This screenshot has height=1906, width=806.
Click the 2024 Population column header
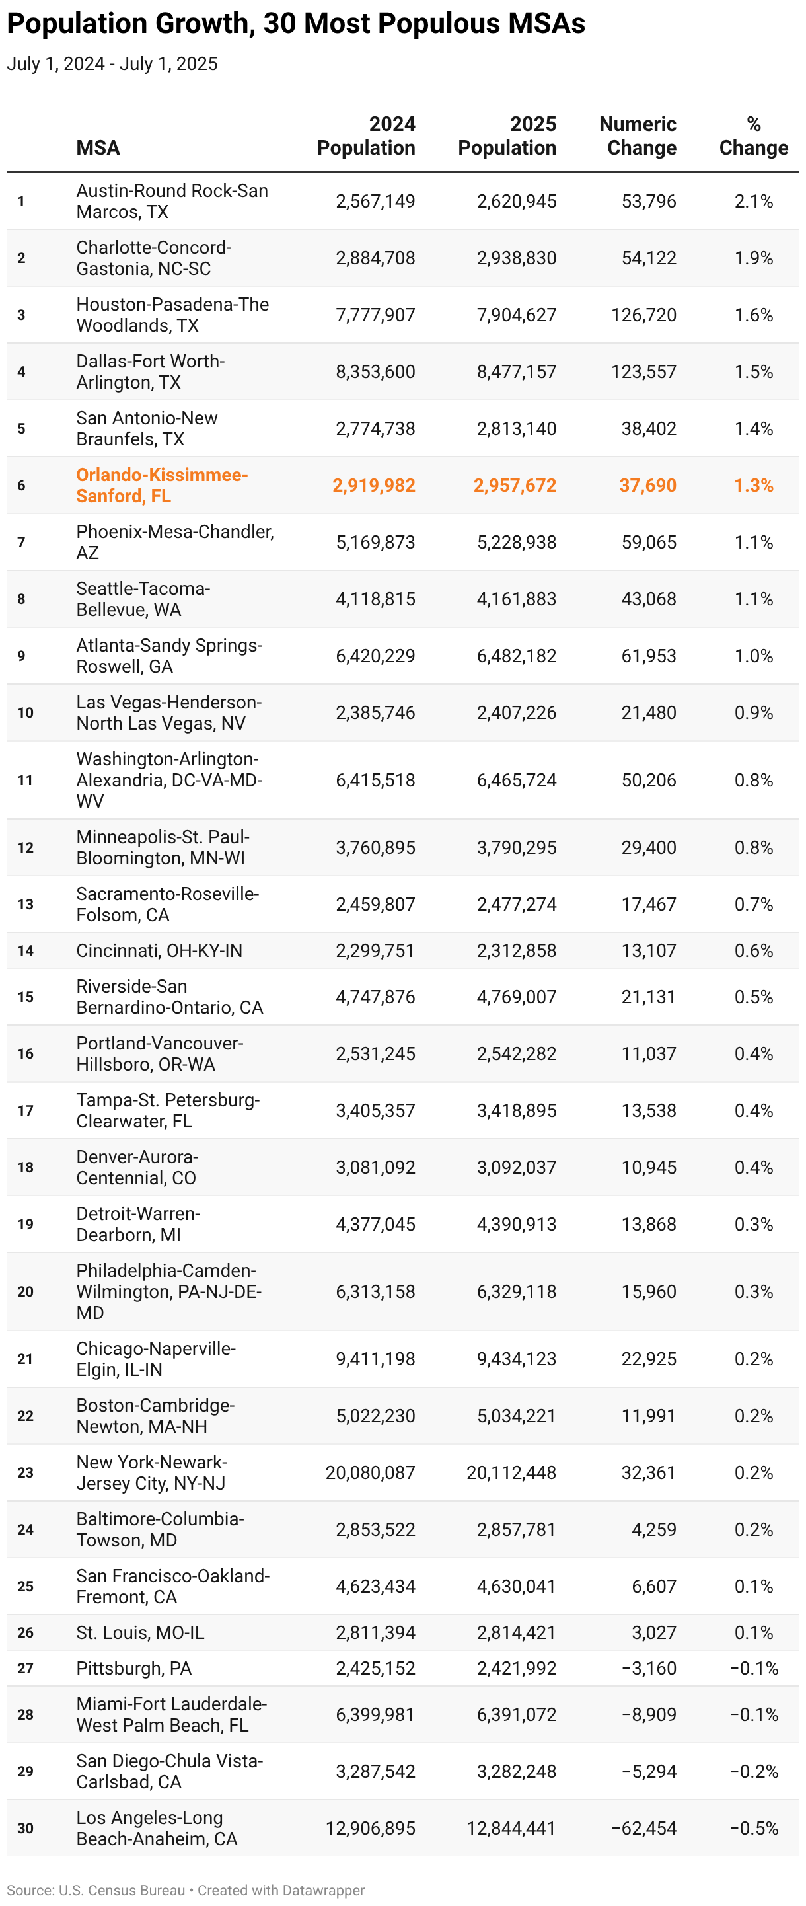pyautogui.click(x=366, y=136)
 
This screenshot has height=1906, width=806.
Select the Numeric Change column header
pyautogui.click(x=638, y=136)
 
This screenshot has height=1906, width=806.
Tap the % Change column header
pyautogui.click(x=754, y=136)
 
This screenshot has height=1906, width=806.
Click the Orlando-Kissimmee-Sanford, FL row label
pyautogui.click(x=162, y=485)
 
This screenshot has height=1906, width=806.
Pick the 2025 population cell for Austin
pyautogui.click(x=516, y=202)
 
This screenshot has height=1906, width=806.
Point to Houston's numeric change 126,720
pyautogui.click(x=643, y=315)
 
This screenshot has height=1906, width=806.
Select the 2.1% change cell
pyautogui.click(x=754, y=202)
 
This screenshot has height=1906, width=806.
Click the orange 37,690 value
pyautogui.click(x=647, y=485)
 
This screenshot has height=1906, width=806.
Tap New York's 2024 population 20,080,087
pyautogui.click(x=371, y=1472)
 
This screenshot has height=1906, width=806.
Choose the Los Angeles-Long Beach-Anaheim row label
pyautogui.click(x=157, y=1828)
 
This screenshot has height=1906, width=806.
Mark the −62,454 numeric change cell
pyautogui.click(x=643, y=1828)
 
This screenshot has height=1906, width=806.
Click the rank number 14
pyautogui.click(x=26, y=951)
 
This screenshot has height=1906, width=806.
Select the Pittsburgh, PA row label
pyautogui.click(x=134, y=1669)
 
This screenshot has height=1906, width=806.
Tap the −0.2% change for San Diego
pyautogui.click(x=754, y=1771)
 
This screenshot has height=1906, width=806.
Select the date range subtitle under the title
pyautogui.click(x=112, y=64)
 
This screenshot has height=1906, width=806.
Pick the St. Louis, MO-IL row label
pyautogui.click(x=141, y=1632)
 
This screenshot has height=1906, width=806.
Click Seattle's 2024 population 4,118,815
pyautogui.click(x=376, y=599)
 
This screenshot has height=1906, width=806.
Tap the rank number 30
pyautogui.click(x=26, y=1828)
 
